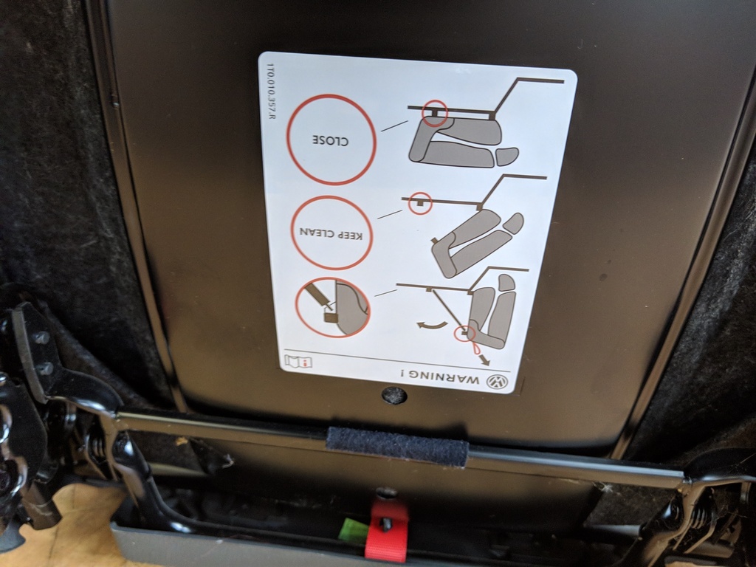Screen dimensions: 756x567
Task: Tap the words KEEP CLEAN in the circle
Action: click(330, 234)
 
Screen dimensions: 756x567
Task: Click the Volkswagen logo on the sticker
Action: click(498, 382)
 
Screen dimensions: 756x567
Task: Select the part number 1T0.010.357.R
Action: click(270, 91)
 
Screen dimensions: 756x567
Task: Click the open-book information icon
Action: click(298, 361)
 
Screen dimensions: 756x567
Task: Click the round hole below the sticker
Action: click(394, 396)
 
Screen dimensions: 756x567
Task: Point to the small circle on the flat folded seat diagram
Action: click(434, 113)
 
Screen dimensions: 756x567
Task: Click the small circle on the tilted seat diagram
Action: click(420, 204)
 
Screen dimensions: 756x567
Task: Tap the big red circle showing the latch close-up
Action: click(332, 308)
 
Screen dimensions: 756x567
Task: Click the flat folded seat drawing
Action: click(463, 142)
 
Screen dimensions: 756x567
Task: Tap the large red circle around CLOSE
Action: click(331, 140)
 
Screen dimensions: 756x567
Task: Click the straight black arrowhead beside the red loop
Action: click(485, 360)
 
